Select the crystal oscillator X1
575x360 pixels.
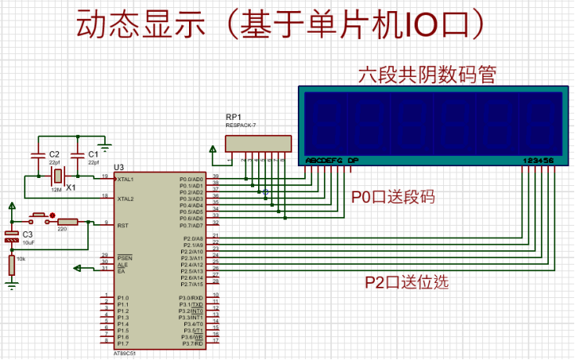point(56,176)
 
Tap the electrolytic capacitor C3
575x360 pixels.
point(11,236)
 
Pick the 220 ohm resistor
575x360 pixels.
point(68,222)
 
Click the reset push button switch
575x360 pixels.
point(41,215)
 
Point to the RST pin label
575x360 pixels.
point(123,226)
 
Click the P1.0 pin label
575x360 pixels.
point(123,297)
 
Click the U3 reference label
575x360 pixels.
point(118,167)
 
